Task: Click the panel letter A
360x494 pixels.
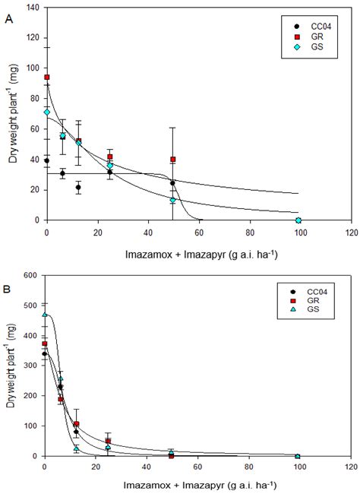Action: click(x=8, y=22)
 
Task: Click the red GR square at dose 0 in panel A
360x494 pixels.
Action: click(x=47, y=78)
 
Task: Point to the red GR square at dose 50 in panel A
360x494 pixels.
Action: click(x=173, y=160)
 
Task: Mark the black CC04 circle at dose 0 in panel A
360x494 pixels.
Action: click(x=47, y=161)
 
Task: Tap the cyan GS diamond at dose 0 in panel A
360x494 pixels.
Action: click(x=47, y=112)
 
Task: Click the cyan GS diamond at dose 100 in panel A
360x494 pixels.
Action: click(x=298, y=220)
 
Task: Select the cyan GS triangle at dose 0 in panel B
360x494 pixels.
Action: click(x=45, y=314)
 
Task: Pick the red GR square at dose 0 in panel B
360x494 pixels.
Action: click(x=45, y=344)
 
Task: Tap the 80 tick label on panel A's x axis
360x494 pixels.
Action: click(x=248, y=230)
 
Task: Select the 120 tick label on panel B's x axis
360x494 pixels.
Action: click(x=349, y=467)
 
